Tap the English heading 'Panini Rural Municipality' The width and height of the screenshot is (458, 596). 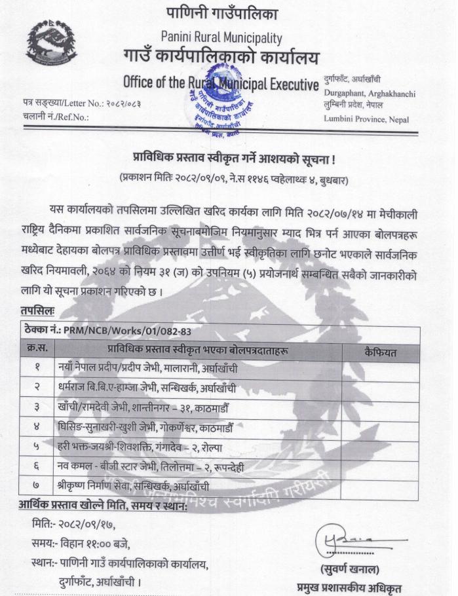pyautogui.click(x=221, y=38)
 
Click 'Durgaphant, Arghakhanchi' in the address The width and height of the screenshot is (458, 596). pyautogui.click(x=370, y=94)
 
